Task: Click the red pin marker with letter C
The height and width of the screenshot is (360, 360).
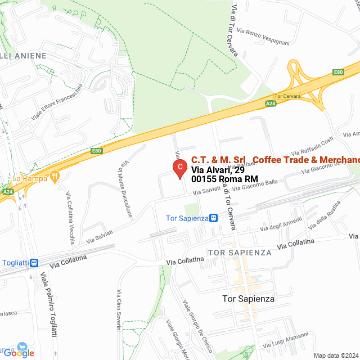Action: (179, 168)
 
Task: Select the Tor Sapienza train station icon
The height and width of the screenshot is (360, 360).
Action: (213, 218)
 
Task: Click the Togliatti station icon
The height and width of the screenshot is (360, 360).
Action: (34, 262)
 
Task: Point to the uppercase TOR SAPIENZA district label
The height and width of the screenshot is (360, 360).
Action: (240, 253)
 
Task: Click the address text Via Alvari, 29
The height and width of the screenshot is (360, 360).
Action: (218, 169)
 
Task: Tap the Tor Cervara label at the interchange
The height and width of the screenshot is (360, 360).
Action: (287, 96)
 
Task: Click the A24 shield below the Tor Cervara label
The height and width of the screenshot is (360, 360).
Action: (271, 103)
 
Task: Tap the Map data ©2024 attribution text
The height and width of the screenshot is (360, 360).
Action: (336, 355)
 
